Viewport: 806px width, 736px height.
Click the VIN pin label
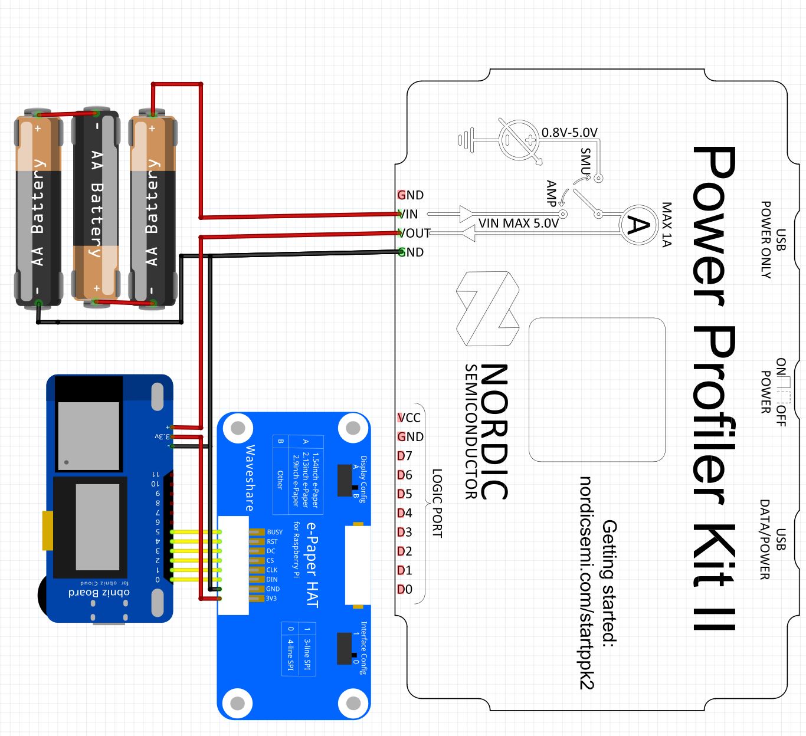(408, 214)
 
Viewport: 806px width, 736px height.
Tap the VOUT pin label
(415, 233)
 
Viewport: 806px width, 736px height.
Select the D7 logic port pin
(405, 456)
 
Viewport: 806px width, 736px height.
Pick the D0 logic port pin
(405, 589)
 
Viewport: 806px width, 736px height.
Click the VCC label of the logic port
(409, 418)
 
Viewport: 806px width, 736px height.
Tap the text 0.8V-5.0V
(569, 133)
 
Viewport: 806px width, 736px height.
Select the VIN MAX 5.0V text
(518, 224)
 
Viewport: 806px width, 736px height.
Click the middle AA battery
(96, 206)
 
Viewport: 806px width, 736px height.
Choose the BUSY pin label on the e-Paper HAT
(274, 532)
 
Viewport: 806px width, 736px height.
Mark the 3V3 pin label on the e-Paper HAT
(271, 598)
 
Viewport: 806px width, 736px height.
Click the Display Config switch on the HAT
(345, 481)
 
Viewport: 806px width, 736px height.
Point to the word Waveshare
(250, 478)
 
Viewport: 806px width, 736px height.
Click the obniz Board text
(99, 592)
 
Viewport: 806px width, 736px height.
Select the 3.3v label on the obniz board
(162, 436)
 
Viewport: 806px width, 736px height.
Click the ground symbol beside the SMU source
(466, 140)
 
